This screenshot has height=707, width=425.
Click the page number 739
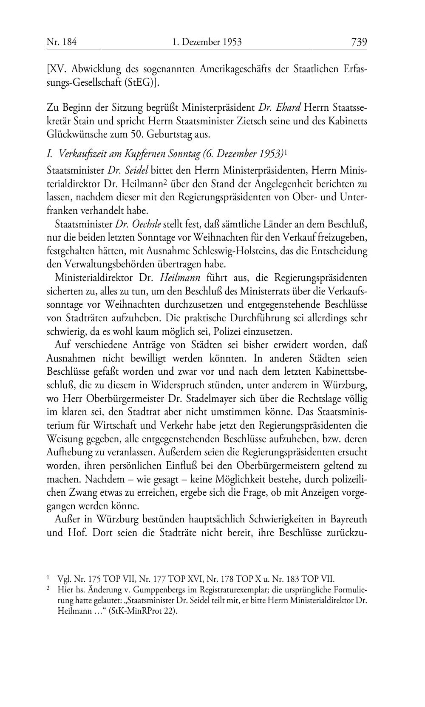click(x=359, y=42)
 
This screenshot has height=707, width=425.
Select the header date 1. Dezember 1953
click(x=207, y=42)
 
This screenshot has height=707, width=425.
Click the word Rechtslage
click(x=319, y=399)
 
